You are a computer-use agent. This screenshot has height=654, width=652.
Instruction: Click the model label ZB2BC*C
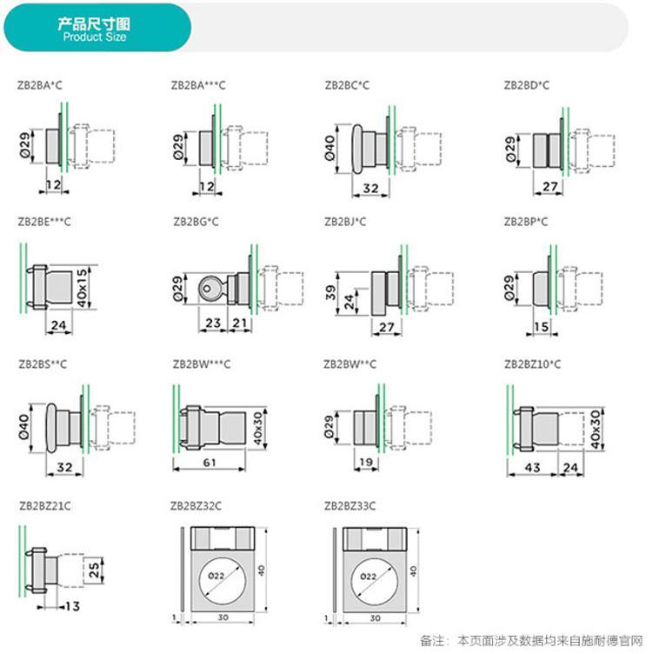click(347, 85)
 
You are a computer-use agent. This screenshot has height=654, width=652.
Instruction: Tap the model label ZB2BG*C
click(196, 222)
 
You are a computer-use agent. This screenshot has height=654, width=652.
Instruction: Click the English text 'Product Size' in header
click(95, 37)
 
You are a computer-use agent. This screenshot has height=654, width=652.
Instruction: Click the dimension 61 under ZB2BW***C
click(210, 463)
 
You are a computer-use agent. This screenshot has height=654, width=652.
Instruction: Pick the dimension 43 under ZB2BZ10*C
click(531, 468)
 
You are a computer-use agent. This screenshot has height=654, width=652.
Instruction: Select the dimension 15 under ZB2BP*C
click(540, 326)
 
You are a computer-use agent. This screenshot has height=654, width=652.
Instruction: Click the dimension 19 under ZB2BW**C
click(365, 463)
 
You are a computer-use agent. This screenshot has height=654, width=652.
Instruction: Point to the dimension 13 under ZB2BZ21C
click(72, 605)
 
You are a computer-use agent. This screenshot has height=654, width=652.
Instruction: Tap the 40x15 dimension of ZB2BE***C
click(83, 285)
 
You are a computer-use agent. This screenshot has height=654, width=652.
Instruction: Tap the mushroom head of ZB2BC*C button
click(358, 144)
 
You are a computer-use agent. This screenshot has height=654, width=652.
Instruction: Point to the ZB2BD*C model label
click(526, 85)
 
